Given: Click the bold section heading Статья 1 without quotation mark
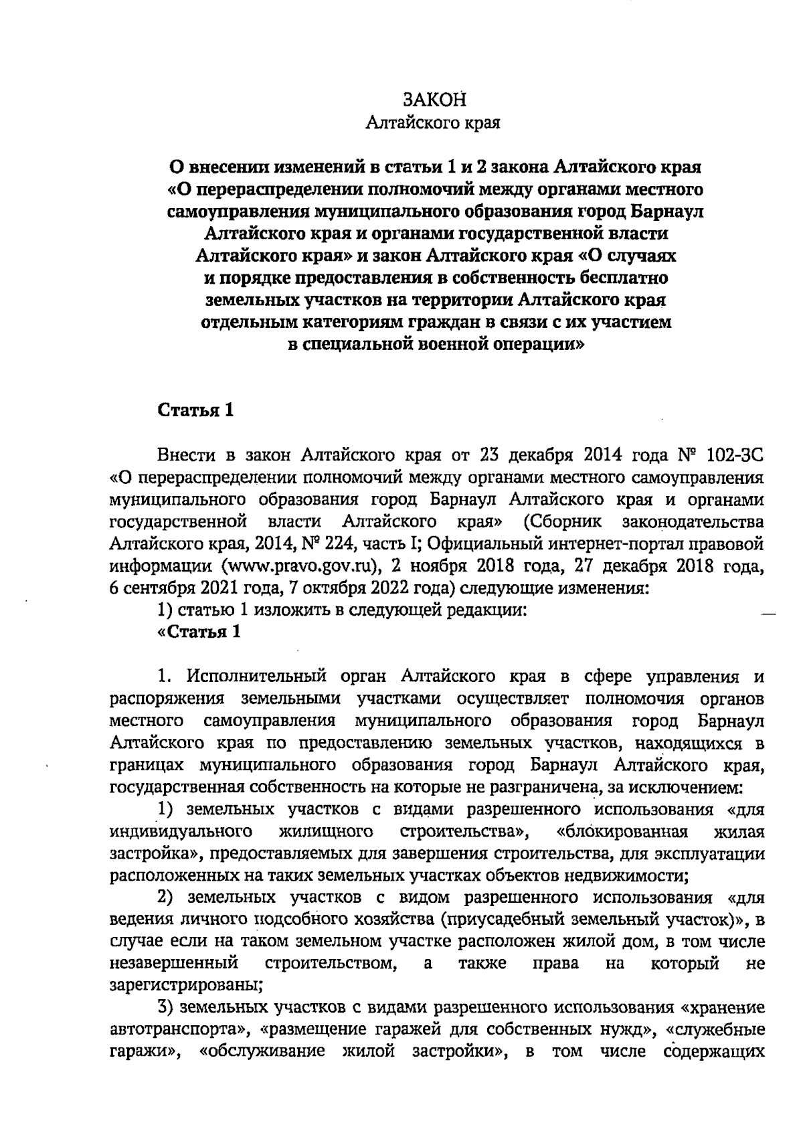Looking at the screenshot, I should [195, 410].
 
